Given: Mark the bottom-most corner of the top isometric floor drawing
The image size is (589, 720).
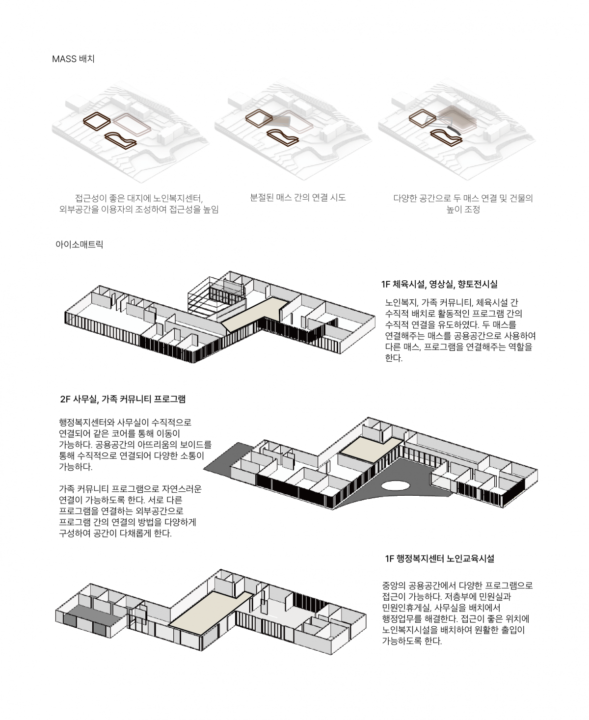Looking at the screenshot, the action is (194, 363).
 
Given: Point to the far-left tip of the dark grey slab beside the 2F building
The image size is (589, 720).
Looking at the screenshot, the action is (204, 469).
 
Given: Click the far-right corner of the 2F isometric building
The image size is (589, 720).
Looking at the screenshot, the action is (538, 470).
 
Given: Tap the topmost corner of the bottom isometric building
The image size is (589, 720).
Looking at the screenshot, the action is (220, 569).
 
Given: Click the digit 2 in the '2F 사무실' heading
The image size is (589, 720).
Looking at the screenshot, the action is (63, 399).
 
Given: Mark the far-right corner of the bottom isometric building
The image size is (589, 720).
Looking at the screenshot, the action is (366, 615).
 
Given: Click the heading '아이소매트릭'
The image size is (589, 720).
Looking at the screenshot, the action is (79, 244).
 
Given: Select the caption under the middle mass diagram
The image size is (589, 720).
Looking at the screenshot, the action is (298, 197).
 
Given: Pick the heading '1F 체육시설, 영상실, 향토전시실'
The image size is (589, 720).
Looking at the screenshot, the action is (439, 284).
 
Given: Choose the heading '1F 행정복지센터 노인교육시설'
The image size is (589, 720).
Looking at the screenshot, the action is (440, 559).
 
